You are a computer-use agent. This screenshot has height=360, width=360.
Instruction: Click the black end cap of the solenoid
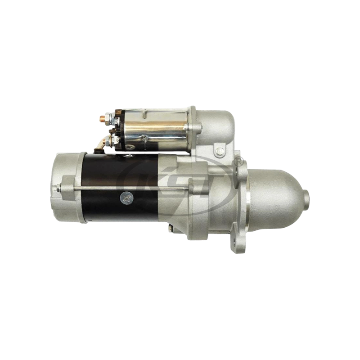point(118,128)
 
